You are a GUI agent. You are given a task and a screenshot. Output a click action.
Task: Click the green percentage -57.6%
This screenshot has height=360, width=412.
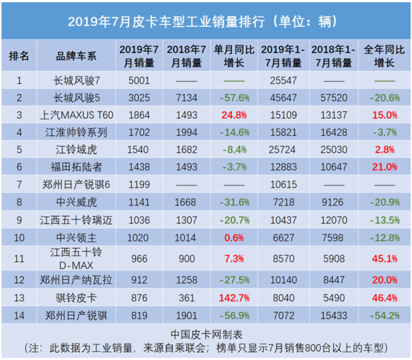(233, 97)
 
